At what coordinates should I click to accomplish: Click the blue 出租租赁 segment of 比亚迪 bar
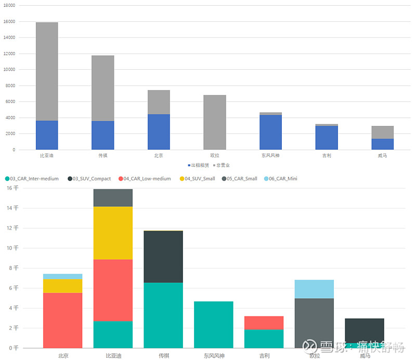pyautogui.click(x=47, y=135)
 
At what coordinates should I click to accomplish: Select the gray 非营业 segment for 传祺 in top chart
pyautogui.click(x=102, y=88)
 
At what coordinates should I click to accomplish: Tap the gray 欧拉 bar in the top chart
pyautogui.click(x=214, y=122)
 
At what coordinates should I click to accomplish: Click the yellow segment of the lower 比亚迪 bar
pyautogui.click(x=113, y=233)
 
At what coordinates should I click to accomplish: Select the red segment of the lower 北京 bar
pyautogui.click(x=62, y=320)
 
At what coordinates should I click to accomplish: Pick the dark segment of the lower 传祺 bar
pyautogui.click(x=163, y=256)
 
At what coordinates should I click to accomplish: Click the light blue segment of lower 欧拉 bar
pyautogui.click(x=314, y=289)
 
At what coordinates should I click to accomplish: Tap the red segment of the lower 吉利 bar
pyautogui.click(x=264, y=323)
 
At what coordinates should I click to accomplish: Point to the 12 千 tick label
pyautogui.click(x=12, y=228)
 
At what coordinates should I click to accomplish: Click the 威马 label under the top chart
pyautogui.click(x=382, y=156)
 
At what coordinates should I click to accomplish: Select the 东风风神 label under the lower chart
pyautogui.click(x=214, y=356)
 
